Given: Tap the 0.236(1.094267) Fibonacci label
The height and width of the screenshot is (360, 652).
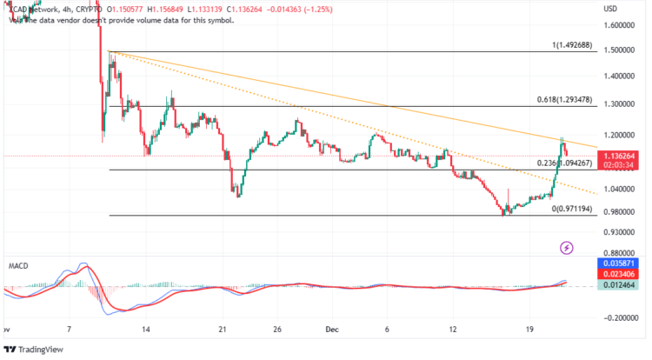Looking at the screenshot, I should click(567, 163).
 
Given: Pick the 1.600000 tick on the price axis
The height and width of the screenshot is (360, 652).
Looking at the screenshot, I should click(619, 26).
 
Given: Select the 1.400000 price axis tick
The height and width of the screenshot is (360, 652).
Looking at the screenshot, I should click(619, 77).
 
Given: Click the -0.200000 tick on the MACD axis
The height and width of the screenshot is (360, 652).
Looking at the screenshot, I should click(618, 319).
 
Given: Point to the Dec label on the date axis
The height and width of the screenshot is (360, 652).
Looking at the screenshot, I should click(332, 330).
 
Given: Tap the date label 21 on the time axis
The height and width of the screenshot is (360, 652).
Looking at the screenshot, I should click(223, 330).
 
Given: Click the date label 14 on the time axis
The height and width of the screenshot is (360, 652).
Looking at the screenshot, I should click(147, 330).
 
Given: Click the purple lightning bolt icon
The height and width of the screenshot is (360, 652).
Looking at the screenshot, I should click(567, 248).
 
